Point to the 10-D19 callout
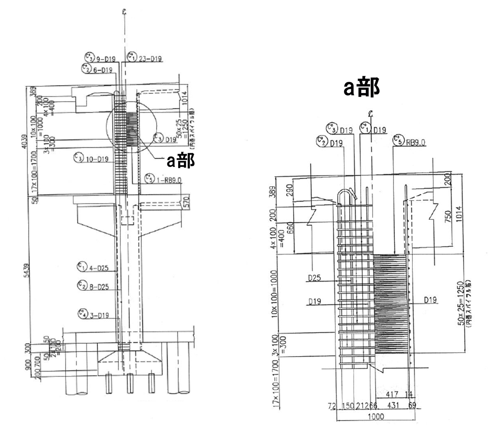pos(97,159)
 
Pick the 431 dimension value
pos(391,406)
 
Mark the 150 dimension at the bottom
pos(348,406)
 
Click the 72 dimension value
pos(332,406)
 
